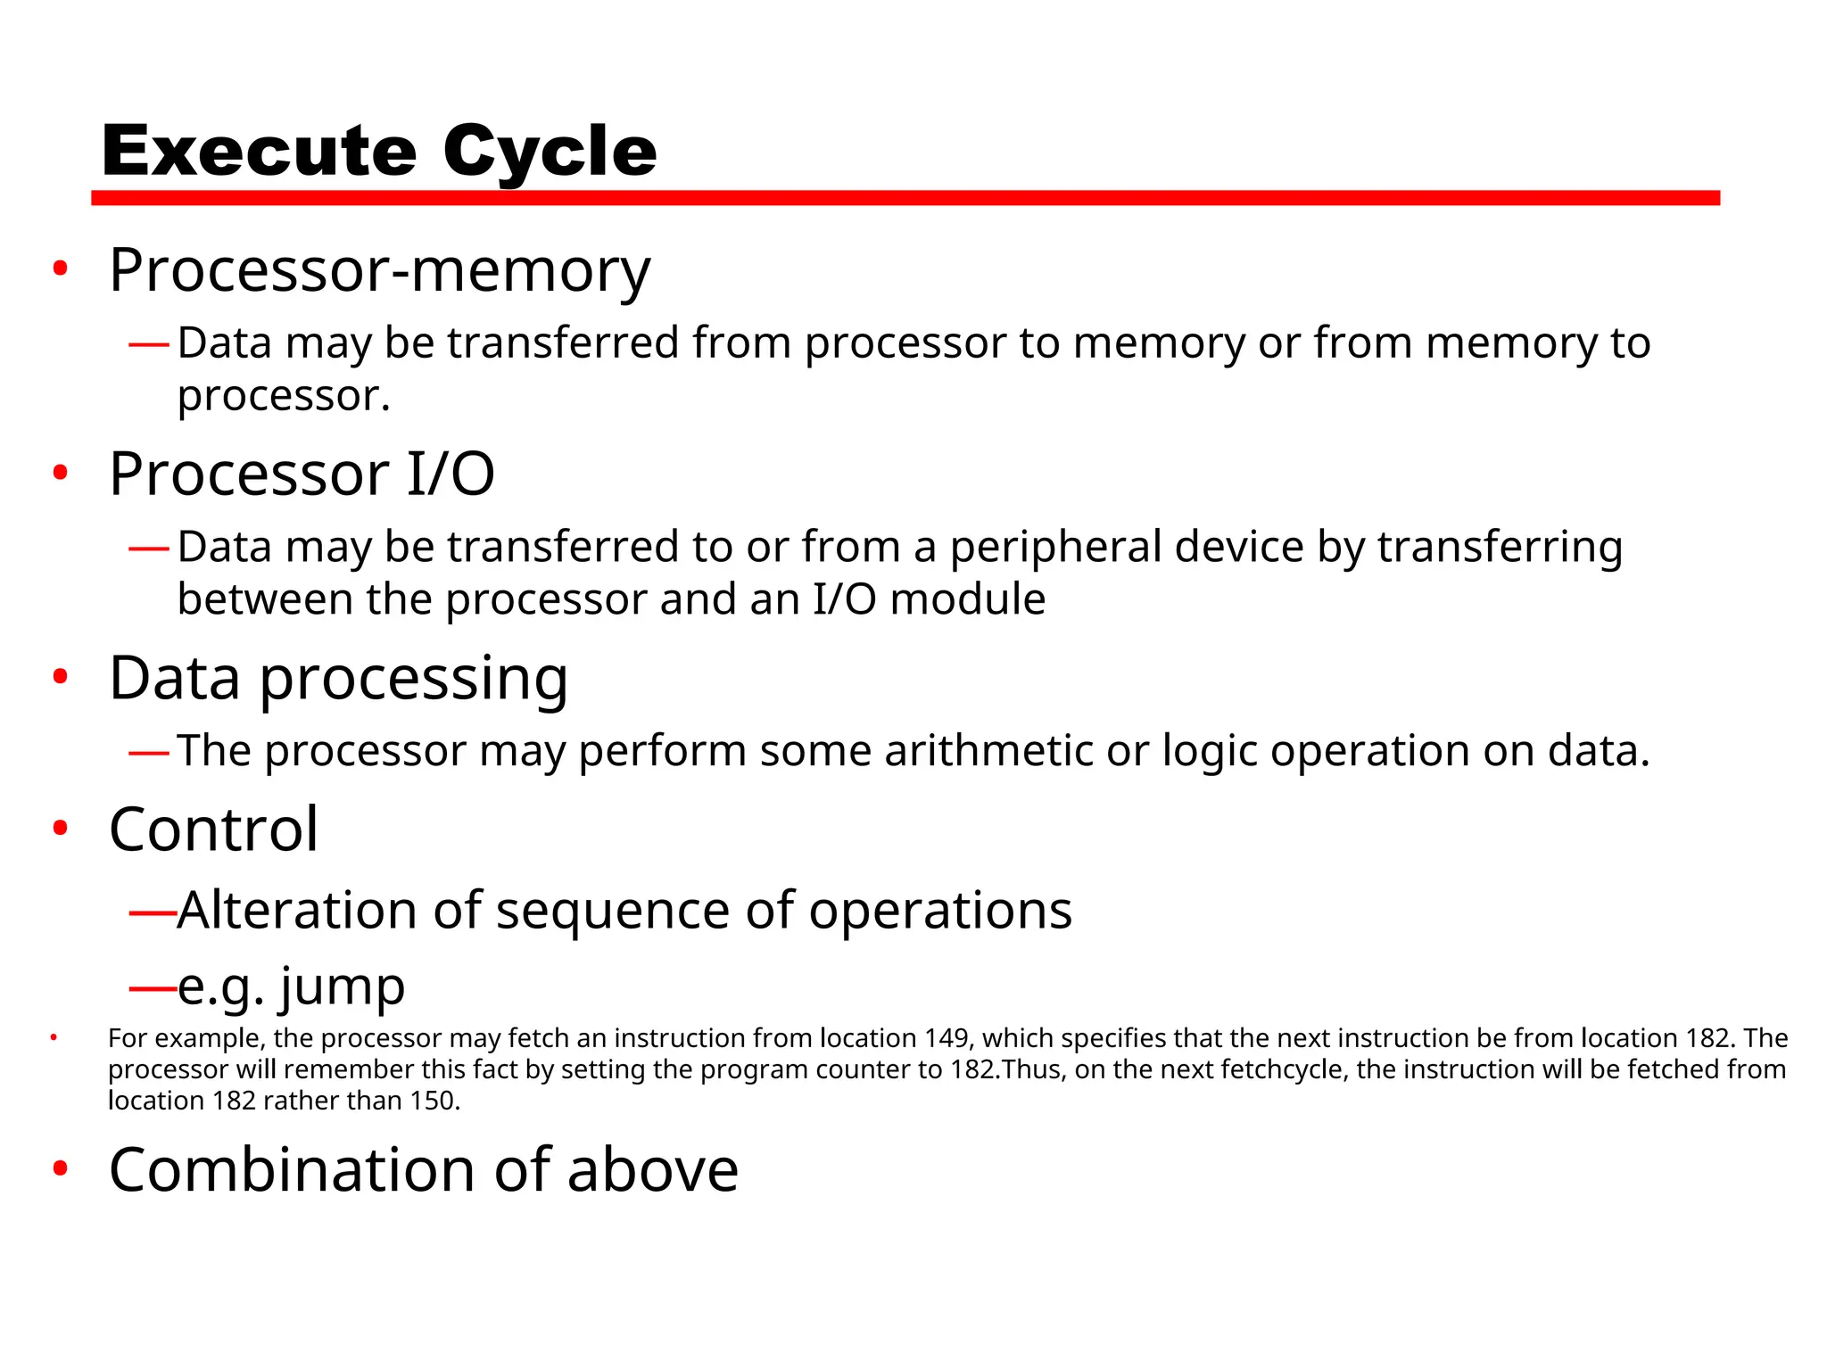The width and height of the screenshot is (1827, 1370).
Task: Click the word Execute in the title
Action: coord(259,152)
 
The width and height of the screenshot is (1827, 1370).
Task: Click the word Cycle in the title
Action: coord(550,152)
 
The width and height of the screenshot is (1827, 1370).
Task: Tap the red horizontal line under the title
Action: coord(905,197)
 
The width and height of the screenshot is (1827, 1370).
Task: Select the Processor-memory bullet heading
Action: coord(380,270)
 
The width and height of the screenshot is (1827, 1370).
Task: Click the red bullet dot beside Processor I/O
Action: coord(60,473)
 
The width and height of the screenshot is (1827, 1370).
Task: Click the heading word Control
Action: coord(213,829)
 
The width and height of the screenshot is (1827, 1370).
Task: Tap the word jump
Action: coord(343,986)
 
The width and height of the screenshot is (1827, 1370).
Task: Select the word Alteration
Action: coord(297,911)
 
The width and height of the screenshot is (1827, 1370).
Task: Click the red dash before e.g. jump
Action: coord(152,987)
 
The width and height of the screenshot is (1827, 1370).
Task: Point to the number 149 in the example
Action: coord(947,1038)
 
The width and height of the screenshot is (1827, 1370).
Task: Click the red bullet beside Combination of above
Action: coord(60,1168)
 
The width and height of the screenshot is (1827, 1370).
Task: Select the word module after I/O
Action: coord(967,599)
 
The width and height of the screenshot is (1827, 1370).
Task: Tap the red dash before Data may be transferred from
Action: coord(149,344)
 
